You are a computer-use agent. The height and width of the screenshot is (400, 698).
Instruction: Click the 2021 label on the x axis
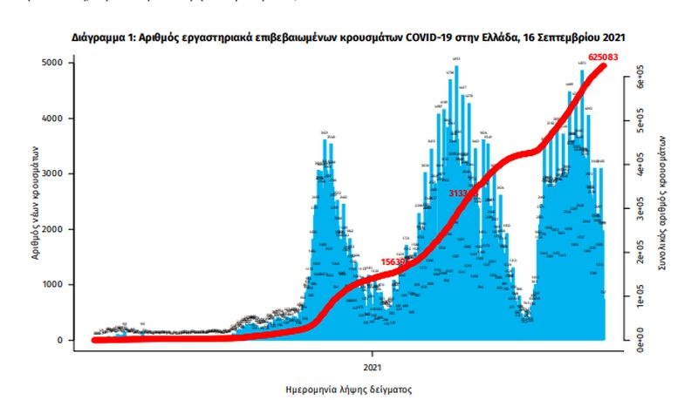(x=373, y=355)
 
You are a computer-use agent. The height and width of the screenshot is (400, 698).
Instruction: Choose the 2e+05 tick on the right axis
(x=640, y=254)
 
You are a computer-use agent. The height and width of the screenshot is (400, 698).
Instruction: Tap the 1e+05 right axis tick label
(x=640, y=298)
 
